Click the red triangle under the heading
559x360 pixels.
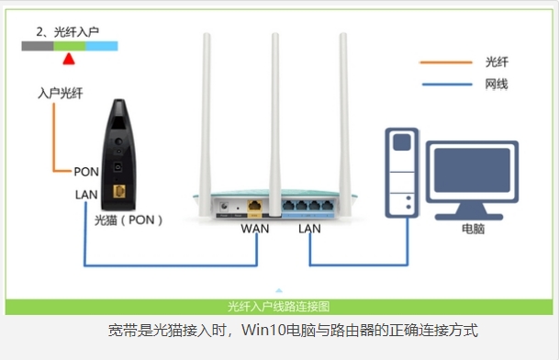coord(67,59)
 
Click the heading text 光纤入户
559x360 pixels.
coord(69,31)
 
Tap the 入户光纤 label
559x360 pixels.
coord(61,94)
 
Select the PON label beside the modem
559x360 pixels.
coord(86,172)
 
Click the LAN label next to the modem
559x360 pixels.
coord(86,195)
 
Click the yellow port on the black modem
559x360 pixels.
coord(119,191)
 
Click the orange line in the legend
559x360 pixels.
coord(444,62)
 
